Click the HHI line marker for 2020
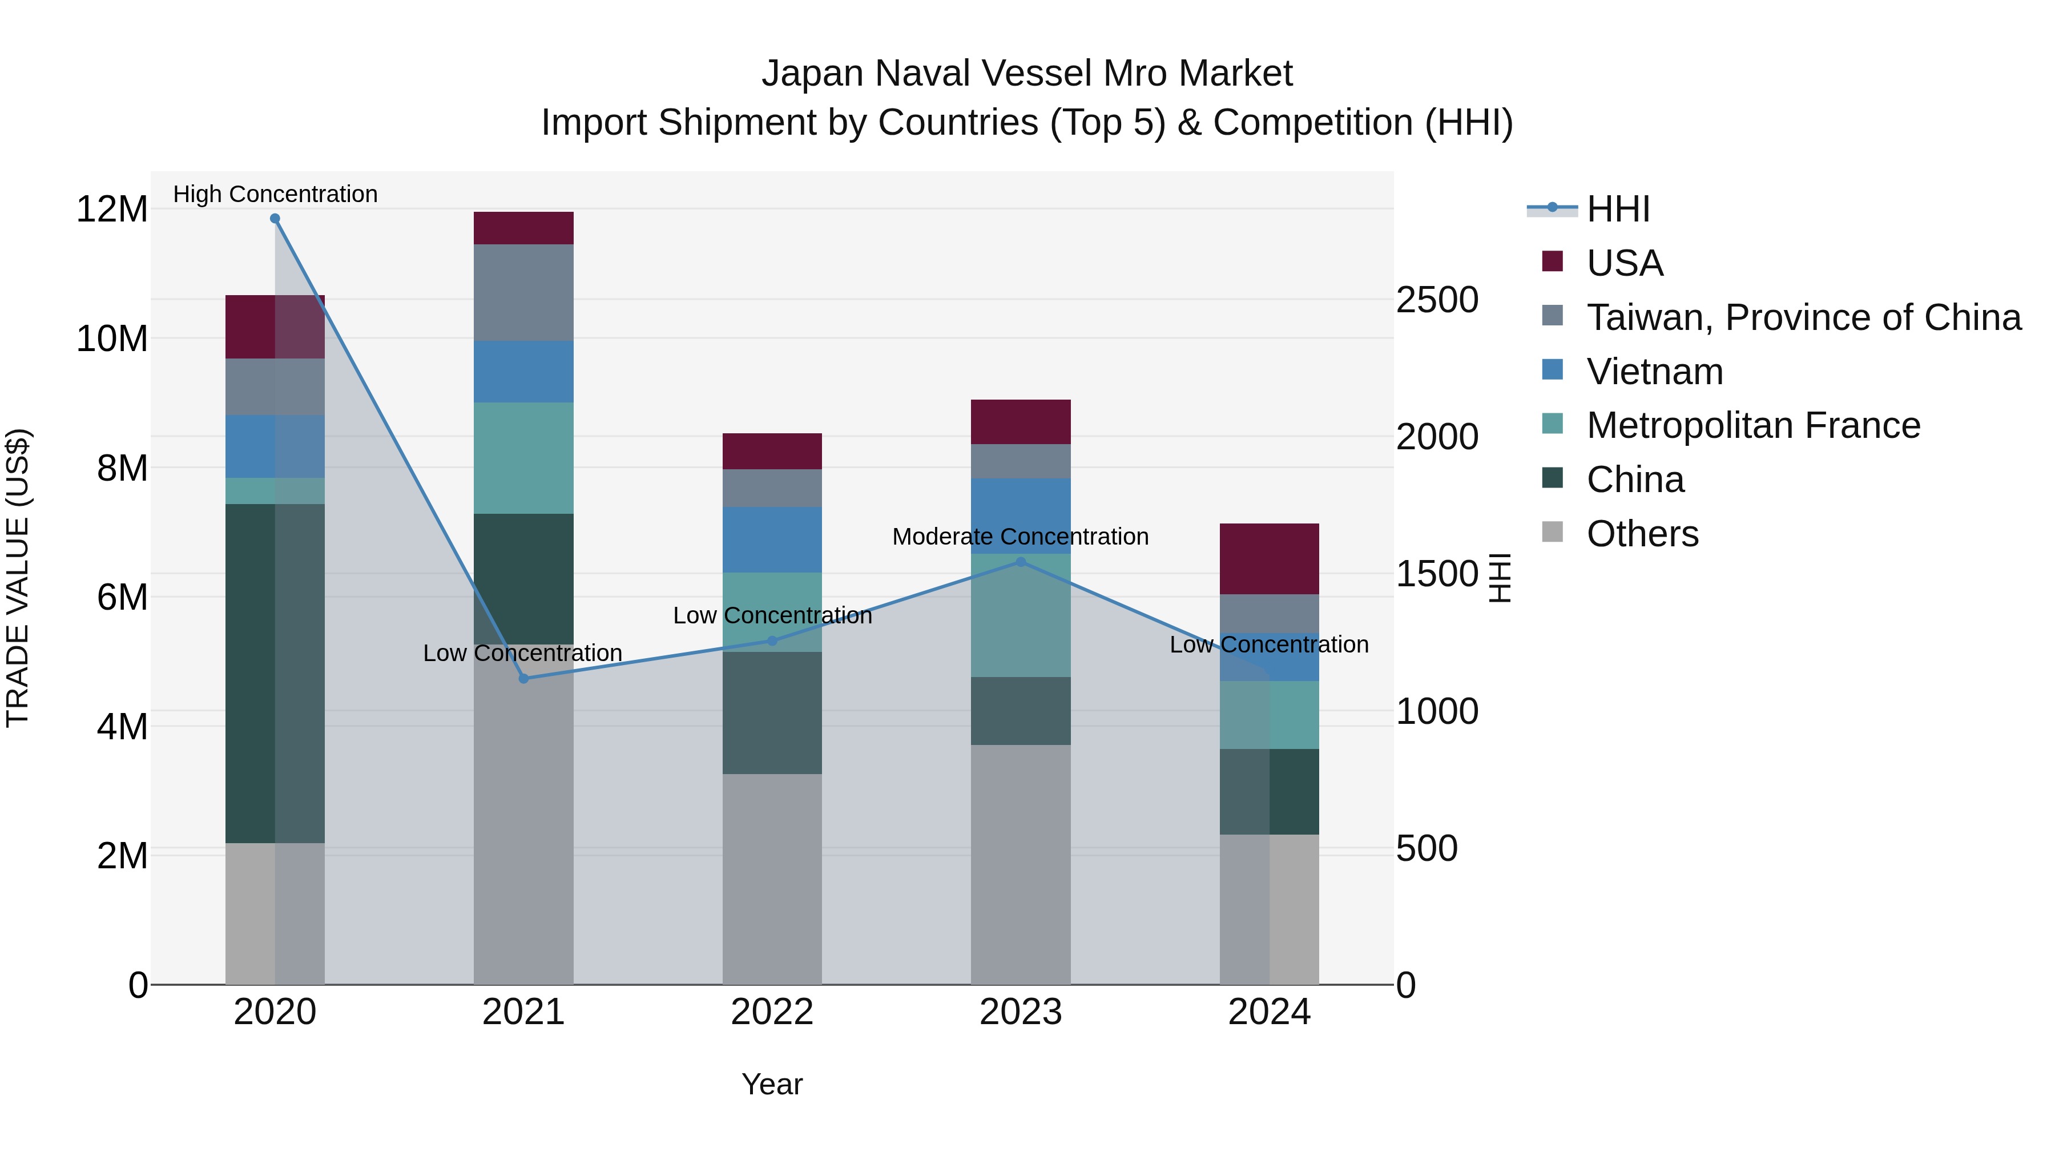click(275, 219)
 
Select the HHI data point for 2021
click(523, 679)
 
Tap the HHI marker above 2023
click(1020, 562)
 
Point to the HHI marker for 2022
click(771, 641)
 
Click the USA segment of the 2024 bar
click(1268, 559)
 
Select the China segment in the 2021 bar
click(523, 578)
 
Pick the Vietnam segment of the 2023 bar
click(1020, 516)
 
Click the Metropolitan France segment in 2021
click(523, 458)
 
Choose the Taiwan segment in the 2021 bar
click(523, 293)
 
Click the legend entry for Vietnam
click(1654, 372)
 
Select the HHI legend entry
click(1617, 209)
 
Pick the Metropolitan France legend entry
click(1752, 425)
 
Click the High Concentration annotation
click(275, 194)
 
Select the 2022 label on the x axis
click(771, 1012)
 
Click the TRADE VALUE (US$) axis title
click(18, 578)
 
